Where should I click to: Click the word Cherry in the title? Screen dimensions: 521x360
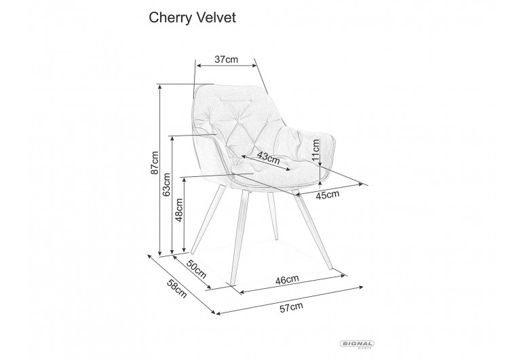coord(170,18)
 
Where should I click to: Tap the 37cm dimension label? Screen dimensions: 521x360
coord(227,59)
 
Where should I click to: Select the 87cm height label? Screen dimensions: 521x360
coord(155,163)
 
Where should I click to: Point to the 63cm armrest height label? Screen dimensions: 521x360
coord(166,184)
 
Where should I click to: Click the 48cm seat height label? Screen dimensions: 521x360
coord(179,210)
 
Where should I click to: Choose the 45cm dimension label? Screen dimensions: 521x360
coord(327,195)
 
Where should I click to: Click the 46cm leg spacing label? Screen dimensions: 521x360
coord(287,279)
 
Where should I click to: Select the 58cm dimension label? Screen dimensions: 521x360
coord(177,289)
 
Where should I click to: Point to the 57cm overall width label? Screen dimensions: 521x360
coord(292,307)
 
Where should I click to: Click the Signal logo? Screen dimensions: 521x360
coord(357,344)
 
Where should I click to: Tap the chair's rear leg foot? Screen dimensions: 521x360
coord(276,238)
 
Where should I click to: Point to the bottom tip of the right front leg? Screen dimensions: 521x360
coord(331,269)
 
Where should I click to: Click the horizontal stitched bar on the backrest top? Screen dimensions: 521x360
coord(236,99)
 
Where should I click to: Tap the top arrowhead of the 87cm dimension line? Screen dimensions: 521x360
coord(160,86)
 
